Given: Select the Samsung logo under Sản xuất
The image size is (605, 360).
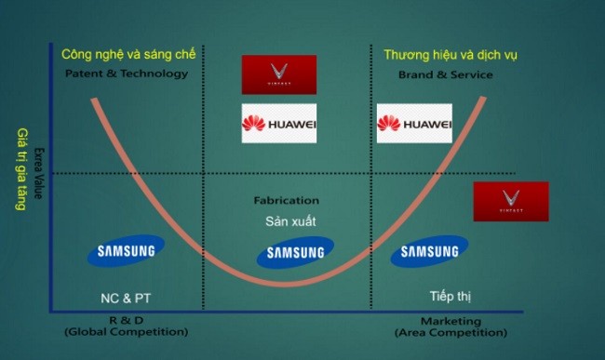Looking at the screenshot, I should (295, 251).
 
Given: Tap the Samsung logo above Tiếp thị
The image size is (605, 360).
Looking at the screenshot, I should (429, 251).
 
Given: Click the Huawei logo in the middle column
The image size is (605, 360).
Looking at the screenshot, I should (279, 124).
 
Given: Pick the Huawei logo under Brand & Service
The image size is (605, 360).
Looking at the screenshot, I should (414, 124).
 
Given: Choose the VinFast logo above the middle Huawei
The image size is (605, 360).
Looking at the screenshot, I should (279, 74).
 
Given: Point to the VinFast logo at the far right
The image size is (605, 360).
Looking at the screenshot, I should (510, 201).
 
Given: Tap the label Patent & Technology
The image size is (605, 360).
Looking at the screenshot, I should (127, 73).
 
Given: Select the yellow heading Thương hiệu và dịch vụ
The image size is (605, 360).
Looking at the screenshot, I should (450, 55).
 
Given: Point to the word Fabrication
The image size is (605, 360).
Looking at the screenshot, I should (287, 200).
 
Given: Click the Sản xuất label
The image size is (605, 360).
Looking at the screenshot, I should (287, 221).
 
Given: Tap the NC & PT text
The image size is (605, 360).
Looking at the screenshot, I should (126, 299).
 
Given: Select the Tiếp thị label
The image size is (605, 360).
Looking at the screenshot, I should (450, 297).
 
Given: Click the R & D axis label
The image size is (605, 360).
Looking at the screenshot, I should (126, 320).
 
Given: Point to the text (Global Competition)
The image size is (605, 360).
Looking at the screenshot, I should (126, 331).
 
